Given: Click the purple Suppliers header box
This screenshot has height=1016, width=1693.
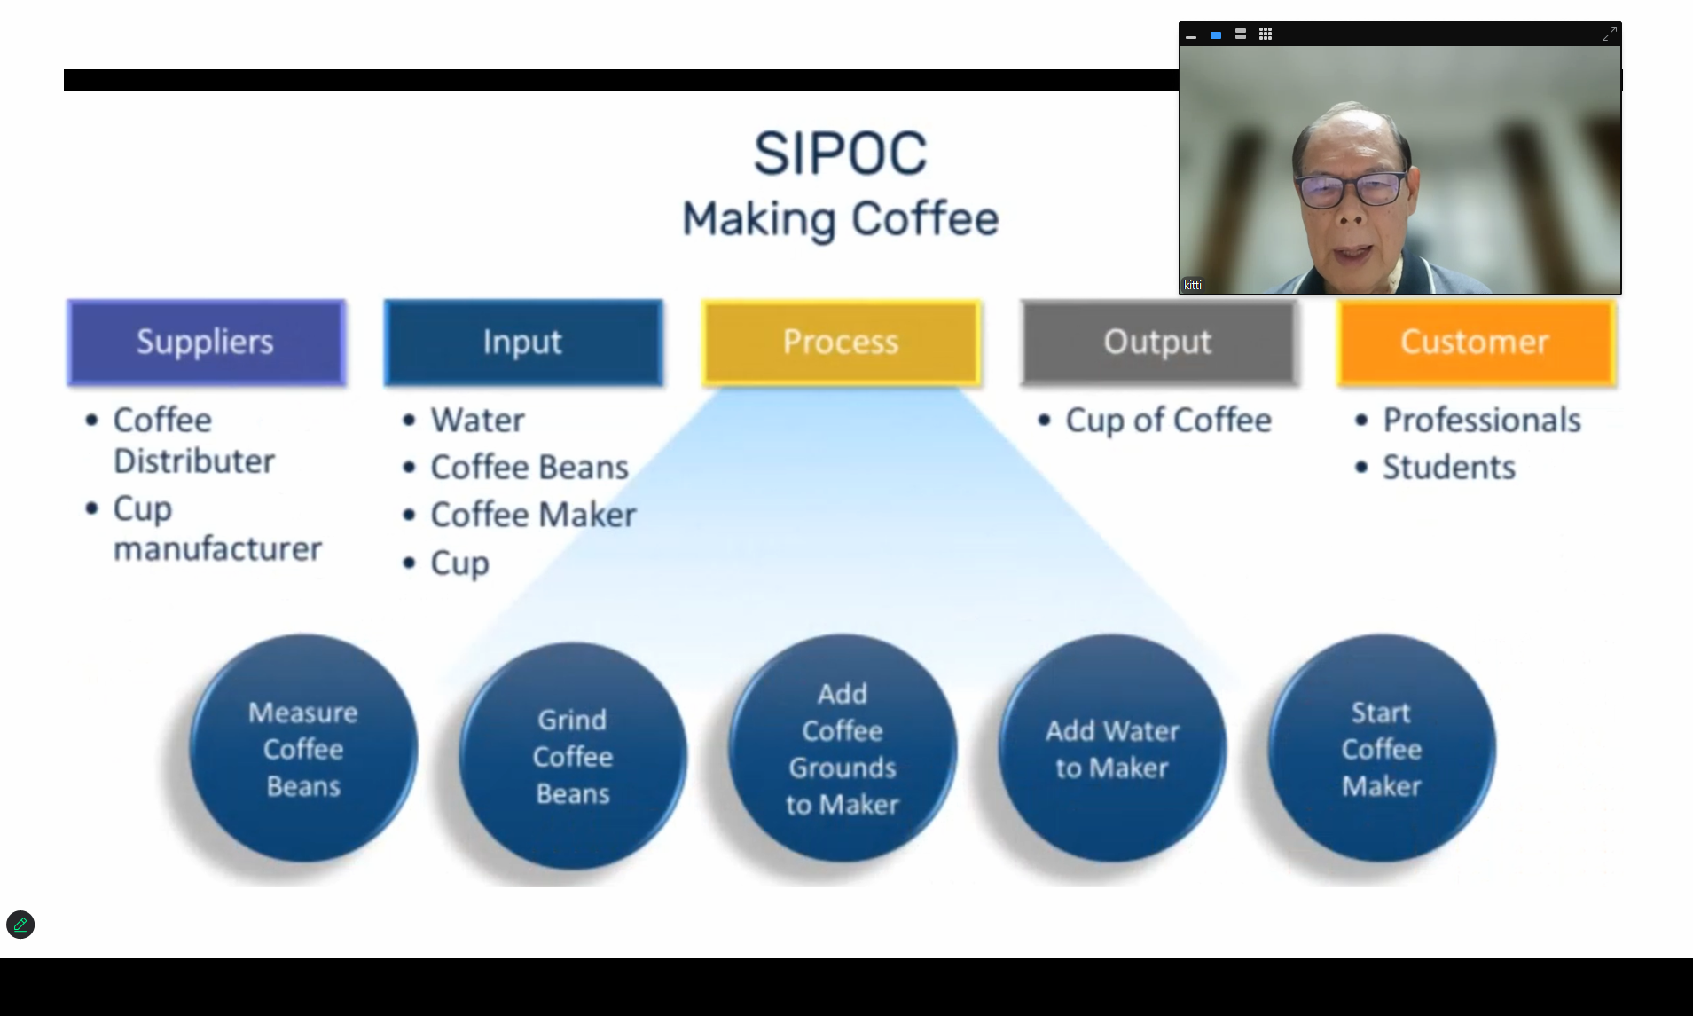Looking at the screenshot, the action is [206, 343].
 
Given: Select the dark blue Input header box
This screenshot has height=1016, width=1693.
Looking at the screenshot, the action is [523, 343].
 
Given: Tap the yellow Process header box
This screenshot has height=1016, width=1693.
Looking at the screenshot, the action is [841, 343].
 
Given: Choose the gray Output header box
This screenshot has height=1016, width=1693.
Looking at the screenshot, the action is [1158, 343].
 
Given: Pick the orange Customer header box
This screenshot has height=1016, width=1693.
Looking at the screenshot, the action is [1476, 343].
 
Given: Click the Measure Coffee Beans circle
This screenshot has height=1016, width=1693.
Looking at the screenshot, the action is [303, 748].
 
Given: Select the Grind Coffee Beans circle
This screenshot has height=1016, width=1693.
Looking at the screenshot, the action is [573, 756].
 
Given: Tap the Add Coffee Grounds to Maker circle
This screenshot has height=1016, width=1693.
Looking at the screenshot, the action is [843, 748].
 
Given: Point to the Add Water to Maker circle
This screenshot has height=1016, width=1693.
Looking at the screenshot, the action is [1112, 748].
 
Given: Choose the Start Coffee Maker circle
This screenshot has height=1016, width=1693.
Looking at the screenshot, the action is [1382, 748].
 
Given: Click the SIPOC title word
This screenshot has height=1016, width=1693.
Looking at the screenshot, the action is [840, 154].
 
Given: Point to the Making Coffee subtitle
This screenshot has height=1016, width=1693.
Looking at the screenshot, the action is [840, 219].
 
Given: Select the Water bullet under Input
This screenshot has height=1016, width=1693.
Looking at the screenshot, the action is [477, 420].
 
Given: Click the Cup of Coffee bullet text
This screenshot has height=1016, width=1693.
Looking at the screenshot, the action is [1168, 421].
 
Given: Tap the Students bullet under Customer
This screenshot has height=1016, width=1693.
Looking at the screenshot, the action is [1449, 467].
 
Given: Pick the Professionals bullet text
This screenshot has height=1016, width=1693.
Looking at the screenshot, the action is [1482, 420].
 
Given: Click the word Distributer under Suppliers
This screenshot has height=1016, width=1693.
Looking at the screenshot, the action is [194, 461].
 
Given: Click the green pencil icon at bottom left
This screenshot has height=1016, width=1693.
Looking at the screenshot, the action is [20, 925].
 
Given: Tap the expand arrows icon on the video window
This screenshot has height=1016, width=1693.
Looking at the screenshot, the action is [1609, 34].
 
